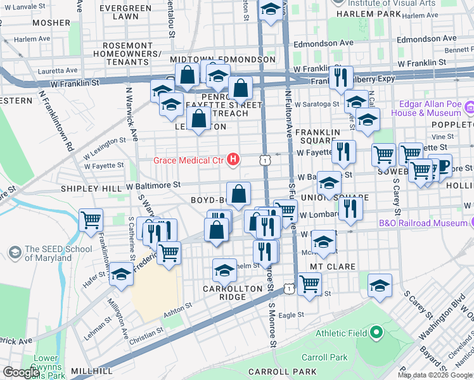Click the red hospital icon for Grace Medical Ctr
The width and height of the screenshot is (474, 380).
(233, 160)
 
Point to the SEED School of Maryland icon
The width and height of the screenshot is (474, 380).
(14, 253)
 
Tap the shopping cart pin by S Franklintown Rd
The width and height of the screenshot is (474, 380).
(91, 220)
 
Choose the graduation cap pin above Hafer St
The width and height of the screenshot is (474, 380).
(121, 274)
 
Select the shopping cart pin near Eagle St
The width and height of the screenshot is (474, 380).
(309, 284)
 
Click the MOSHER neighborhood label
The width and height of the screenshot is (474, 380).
(51, 23)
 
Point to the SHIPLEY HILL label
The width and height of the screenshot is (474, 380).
(90, 189)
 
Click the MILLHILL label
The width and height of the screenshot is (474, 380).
(91, 371)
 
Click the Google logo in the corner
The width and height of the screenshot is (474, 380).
(22, 372)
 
